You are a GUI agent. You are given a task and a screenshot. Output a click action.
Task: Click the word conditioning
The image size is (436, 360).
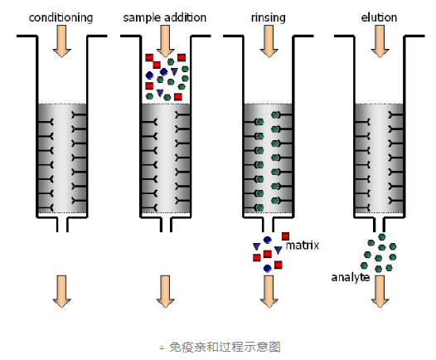click(x=61, y=17)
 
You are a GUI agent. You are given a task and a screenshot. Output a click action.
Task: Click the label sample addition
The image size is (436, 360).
click(x=163, y=17)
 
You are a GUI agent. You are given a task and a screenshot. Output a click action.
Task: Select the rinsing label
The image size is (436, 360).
click(x=269, y=17)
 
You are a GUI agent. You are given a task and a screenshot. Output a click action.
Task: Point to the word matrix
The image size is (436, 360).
click(x=303, y=246)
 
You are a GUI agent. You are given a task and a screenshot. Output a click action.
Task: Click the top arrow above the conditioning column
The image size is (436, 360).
click(x=61, y=41)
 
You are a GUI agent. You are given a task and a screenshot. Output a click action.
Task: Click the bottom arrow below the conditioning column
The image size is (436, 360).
click(x=61, y=290)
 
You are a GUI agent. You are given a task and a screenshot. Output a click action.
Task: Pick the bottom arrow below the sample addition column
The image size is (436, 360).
click(x=164, y=290)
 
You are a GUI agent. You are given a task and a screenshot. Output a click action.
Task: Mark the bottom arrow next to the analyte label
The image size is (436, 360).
click(x=380, y=290)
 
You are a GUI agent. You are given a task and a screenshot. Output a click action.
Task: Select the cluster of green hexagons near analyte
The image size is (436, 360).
click(x=380, y=253)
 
